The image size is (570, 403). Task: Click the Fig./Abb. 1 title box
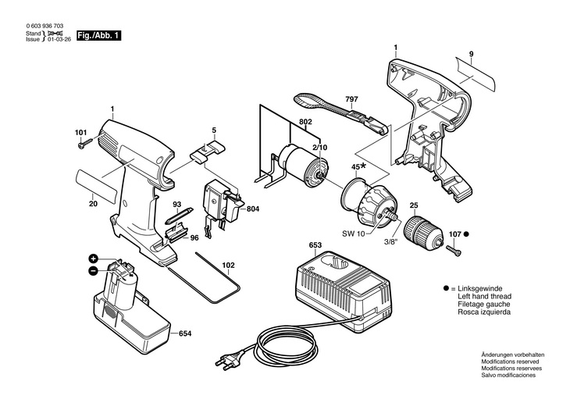point(98,36)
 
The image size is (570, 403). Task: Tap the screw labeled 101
point(84,143)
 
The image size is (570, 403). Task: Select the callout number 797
point(351,99)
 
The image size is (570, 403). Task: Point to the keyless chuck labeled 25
point(422,230)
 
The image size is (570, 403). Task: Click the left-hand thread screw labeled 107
point(453,250)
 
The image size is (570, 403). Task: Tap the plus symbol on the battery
point(93,259)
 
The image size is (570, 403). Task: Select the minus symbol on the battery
point(93,270)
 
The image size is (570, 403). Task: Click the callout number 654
point(185,333)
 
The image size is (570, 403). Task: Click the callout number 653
point(315,245)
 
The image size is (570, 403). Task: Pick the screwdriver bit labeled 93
point(179,216)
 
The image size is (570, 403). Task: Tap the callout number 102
point(228,265)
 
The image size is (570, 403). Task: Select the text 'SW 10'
point(353,234)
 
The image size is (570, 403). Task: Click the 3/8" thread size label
point(390,241)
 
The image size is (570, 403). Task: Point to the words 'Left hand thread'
point(484,297)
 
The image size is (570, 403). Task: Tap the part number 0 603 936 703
point(45,27)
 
